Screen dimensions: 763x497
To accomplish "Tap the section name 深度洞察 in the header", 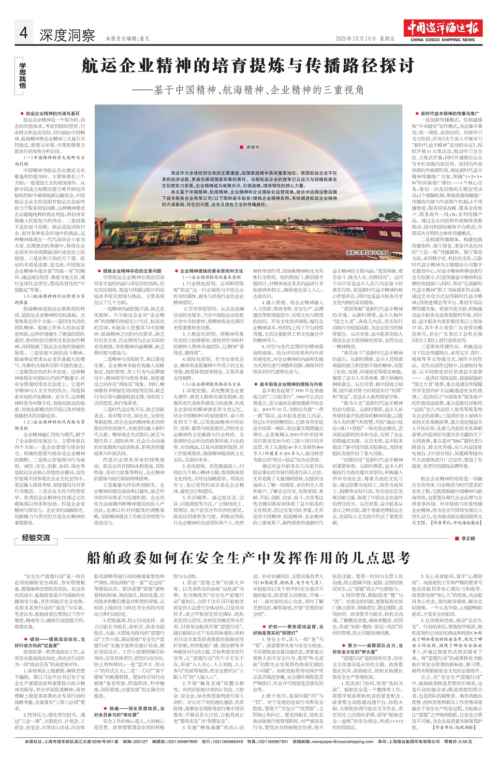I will click(67, 35).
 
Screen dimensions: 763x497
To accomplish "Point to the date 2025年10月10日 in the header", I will click(355, 38).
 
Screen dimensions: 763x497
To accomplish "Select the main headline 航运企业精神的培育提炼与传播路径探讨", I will click(248, 66).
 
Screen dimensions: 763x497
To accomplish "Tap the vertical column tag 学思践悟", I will click(22, 74).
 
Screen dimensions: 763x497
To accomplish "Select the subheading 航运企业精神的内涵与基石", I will click(53, 113).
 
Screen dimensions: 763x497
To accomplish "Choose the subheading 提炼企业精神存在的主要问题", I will click(129, 271).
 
